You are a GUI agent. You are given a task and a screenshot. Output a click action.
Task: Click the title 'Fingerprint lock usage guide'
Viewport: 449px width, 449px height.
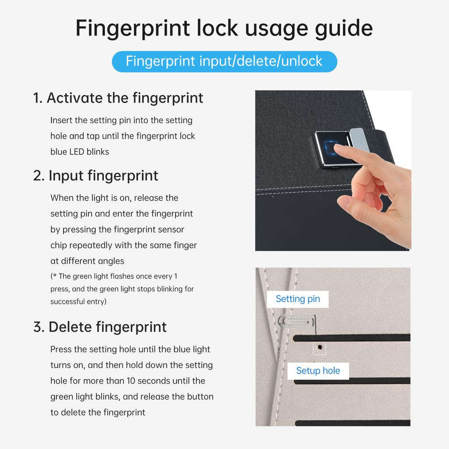coord(224,28)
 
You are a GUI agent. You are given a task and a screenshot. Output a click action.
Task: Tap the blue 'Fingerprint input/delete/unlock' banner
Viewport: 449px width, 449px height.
coord(224,61)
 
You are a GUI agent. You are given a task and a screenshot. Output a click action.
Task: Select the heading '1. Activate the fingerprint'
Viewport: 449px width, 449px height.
coord(118,98)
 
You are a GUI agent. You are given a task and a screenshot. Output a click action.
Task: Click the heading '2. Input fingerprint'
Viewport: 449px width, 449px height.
coord(96,175)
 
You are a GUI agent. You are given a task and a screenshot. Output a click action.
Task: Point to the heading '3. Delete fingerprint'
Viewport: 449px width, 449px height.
coord(100,327)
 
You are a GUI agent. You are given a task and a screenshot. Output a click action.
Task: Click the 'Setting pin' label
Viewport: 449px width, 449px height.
coord(298,299)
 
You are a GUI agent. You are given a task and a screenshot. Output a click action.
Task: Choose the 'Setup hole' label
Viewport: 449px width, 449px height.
coord(318,371)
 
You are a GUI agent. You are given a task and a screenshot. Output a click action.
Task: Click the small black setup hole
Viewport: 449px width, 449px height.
coord(320,347)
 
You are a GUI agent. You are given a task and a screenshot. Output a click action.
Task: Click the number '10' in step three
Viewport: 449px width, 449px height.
coord(131,381)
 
